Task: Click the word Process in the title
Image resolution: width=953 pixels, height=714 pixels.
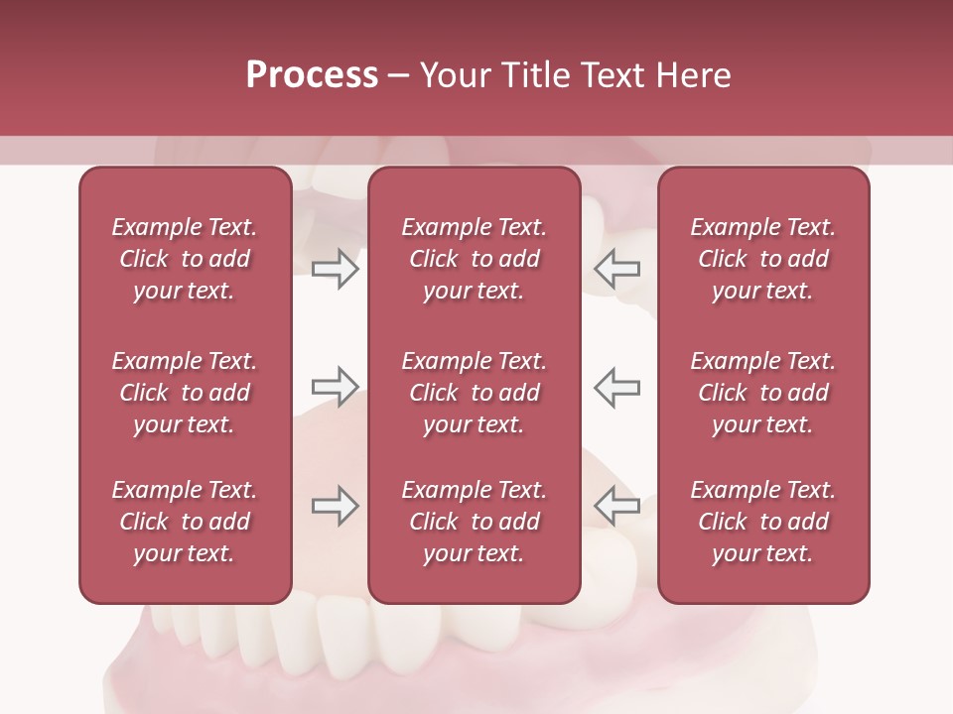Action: pos(312,75)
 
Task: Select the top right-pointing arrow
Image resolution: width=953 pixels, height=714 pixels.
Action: pos(335,269)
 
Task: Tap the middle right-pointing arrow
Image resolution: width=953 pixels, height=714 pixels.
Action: pos(335,387)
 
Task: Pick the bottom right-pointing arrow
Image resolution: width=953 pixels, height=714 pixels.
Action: pos(335,506)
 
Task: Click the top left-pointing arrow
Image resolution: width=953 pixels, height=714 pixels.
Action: pos(616,269)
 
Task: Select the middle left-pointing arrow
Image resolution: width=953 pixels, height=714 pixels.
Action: pos(616,387)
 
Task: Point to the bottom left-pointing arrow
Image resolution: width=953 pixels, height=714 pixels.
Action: pos(616,506)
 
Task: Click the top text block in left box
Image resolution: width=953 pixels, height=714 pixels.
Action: pos(185,259)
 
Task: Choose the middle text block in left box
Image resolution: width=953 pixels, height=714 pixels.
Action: pos(185,393)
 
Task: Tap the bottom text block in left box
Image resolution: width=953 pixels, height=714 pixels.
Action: pos(185,522)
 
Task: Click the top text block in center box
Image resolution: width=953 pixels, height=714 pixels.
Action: pos(474,259)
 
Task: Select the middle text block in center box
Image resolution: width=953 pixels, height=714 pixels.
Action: pos(474,393)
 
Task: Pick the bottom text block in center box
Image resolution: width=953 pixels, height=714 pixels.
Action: pos(474,522)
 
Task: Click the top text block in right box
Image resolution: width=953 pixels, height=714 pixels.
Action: pos(762,259)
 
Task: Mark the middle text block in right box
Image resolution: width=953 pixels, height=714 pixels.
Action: pos(762,393)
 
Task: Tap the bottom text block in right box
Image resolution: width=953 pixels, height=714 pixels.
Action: pos(762,522)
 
